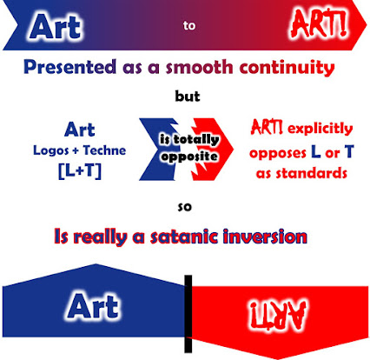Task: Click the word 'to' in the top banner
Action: point(189,26)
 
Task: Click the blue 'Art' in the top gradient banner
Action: point(55,27)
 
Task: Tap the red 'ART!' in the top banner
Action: point(319,24)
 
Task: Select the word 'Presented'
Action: point(70,67)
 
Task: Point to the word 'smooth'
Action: point(199,67)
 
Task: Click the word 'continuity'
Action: point(287,68)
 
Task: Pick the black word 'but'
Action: point(188,97)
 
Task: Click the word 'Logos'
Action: point(51,150)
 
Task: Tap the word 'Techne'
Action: point(104,150)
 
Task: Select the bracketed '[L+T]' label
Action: point(80,170)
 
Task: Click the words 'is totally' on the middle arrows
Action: point(189,139)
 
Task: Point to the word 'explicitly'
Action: point(320,129)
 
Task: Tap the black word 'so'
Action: point(185,207)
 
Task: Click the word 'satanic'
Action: point(184,237)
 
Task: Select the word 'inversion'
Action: point(265,237)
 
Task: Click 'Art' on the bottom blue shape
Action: point(93,306)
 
